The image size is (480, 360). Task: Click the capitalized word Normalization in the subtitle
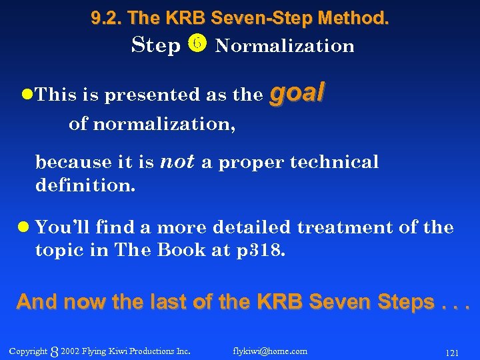point(285,46)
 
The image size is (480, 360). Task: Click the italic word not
point(177,161)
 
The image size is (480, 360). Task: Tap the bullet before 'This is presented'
point(26,95)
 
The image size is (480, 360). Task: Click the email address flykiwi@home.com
point(270,351)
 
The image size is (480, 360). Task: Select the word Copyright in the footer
point(29,351)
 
